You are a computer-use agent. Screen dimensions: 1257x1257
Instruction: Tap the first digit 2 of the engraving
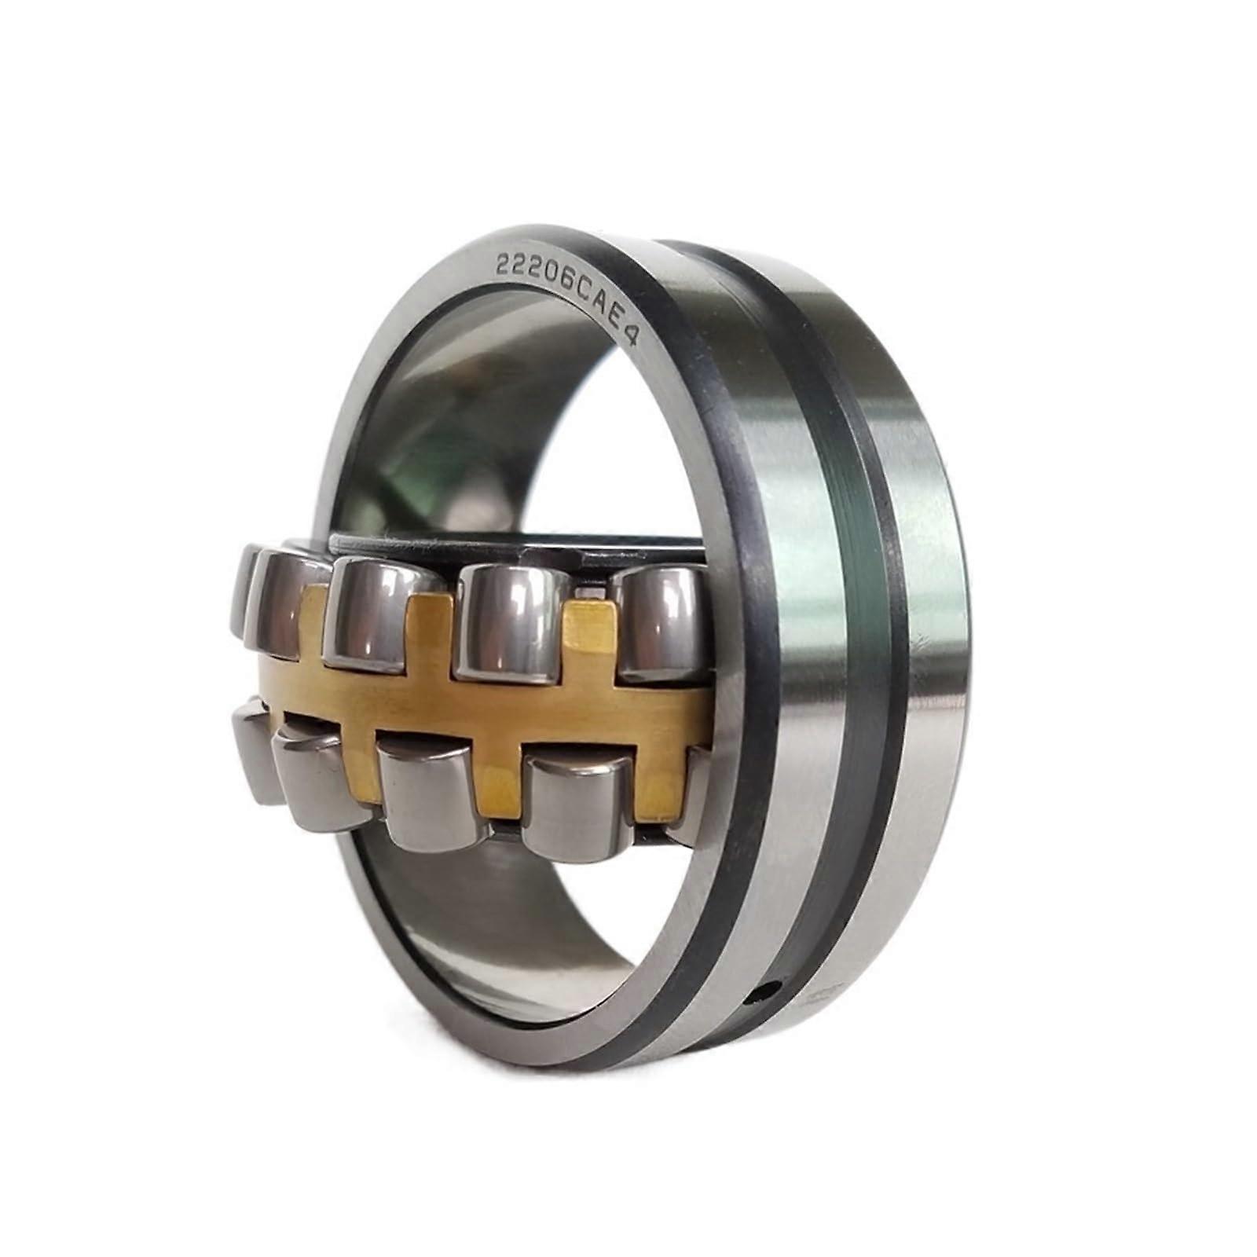tap(503, 266)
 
